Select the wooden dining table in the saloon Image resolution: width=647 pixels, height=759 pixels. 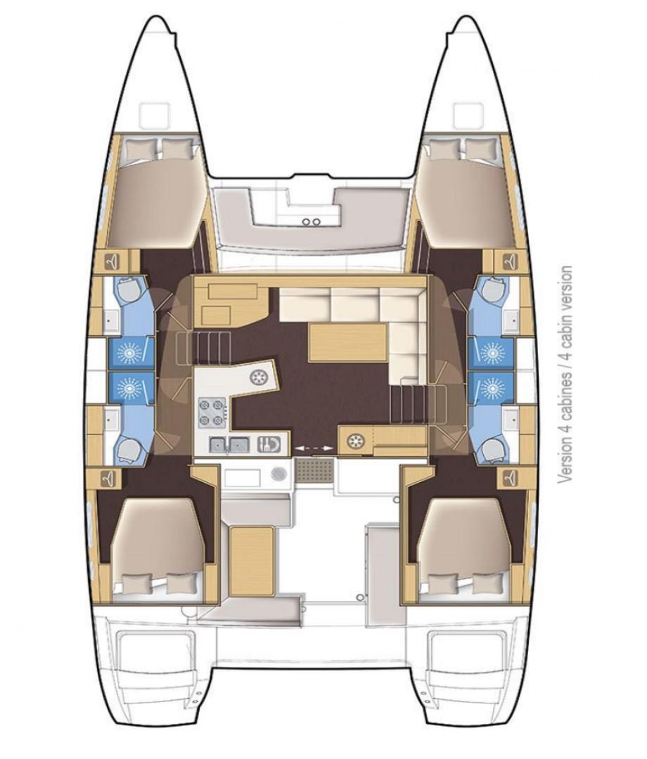click(x=347, y=343)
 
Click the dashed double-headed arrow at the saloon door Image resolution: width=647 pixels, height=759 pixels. click(x=314, y=448)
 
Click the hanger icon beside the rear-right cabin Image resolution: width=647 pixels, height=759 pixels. click(x=509, y=476)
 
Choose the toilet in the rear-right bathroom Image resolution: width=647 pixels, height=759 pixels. click(x=489, y=450)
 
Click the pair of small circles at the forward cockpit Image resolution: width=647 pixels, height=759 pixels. click(x=311, y=221)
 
